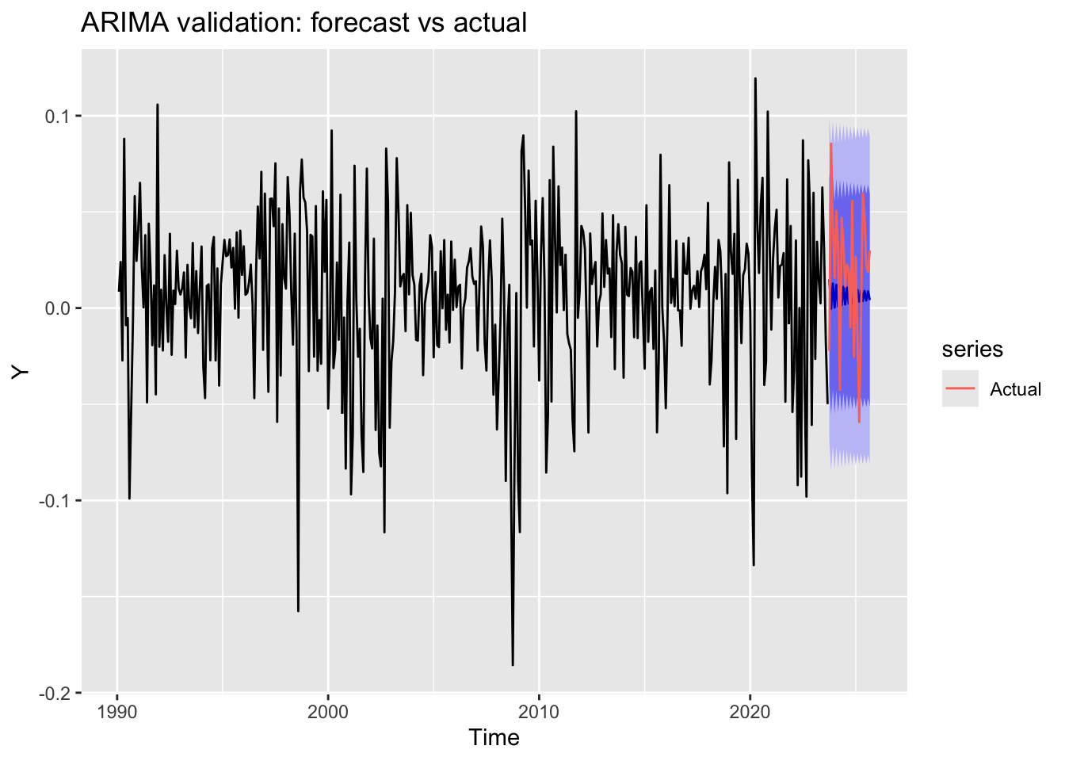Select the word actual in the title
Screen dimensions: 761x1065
point(490,23)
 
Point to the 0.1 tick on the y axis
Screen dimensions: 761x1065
point(58,117)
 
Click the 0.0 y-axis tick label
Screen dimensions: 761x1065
point(58,308)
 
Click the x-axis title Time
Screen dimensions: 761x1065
point(494,738)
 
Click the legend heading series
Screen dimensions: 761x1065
point(972,350)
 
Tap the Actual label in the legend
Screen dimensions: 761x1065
point(1015,389)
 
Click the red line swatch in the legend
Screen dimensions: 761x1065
point(960,388)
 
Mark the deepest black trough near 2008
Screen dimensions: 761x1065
point(513,664)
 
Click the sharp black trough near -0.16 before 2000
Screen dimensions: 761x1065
point(298,610)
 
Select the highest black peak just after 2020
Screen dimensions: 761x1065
point(755,78)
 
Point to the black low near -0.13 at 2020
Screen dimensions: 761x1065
point(753,564)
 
